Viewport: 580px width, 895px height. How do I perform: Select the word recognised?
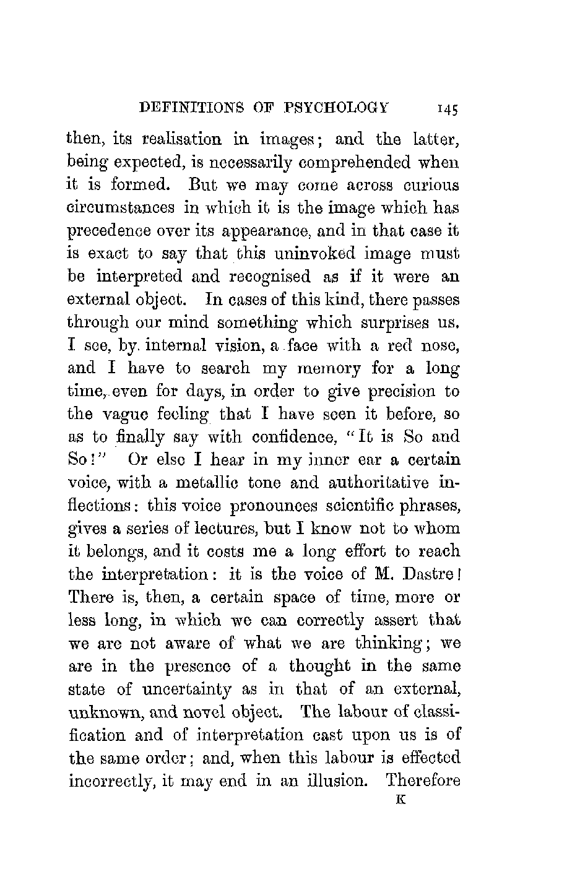point(271,277)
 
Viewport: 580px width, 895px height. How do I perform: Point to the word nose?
point(440,346)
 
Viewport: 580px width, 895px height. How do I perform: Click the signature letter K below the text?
point(398,800)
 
